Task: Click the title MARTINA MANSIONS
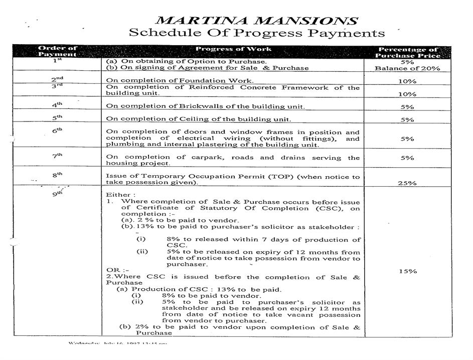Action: pos(256,21)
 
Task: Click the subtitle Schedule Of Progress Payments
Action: pos(256,33)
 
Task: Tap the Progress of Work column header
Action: pos(233,49)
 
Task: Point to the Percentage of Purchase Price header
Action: pos(407,52)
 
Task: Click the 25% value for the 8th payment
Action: pos(407,183)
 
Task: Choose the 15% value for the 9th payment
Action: pos(407,271)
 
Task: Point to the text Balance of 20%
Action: pos(407,68)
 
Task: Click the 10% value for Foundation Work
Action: pos(407,81)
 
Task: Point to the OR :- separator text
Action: pos(114,270)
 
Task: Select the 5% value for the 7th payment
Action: pos(407,158)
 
